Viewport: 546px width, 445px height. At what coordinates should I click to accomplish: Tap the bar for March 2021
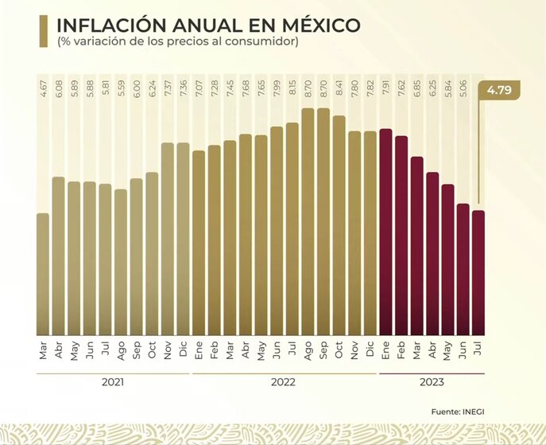point(43,274)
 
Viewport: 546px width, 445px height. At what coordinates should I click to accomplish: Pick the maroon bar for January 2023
point(386,232)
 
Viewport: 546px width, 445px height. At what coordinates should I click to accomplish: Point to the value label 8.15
point(292,86)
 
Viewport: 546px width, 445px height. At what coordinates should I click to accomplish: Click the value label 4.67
point(43,86)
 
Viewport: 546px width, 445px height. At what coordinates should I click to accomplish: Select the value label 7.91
point(386,86)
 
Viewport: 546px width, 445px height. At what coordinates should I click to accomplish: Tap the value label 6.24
point(153,86)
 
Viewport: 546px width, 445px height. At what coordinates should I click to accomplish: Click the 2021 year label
point(114,382)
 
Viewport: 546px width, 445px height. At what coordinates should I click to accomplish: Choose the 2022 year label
point(283,382)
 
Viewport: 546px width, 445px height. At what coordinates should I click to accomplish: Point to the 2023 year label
point(432,382)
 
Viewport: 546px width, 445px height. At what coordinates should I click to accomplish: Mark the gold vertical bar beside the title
point(41,31)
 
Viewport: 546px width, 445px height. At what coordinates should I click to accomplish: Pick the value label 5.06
point(463,86)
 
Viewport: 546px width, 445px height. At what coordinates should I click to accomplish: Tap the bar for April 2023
point(432,253)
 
